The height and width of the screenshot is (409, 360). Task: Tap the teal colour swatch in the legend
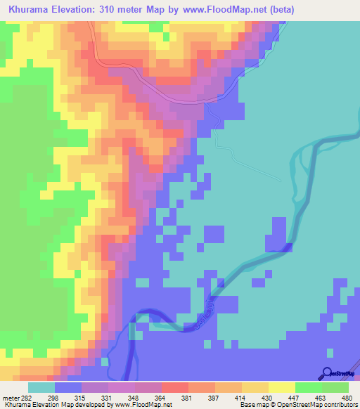click(x=41, y=387)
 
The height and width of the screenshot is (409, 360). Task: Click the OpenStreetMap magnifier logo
click(x=326, y=373)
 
